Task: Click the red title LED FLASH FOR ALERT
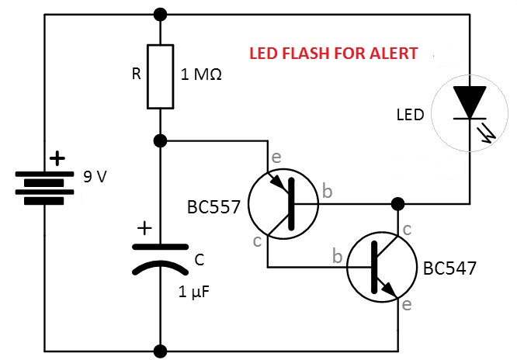[333, 54]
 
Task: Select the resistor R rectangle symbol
[160, 76]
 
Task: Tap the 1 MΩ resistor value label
[201, 76]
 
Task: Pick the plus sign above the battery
[57, 159]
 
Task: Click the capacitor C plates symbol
[160, 258]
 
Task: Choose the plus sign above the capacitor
[144, 229]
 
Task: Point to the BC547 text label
[449, 268]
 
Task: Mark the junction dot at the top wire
[160, 14]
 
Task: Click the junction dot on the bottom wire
[160, 350]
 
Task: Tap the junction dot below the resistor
[160, 141]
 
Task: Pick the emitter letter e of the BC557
[276, 157]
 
